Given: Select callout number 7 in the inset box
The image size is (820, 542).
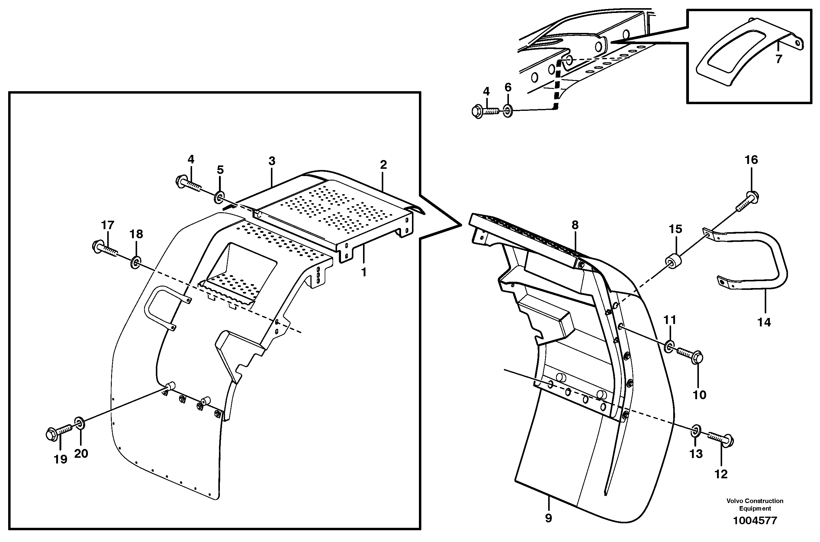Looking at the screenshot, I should [779, 59].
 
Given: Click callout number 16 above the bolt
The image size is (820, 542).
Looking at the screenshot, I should [751, 160].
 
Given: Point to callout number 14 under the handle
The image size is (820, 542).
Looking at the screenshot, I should [764, 322].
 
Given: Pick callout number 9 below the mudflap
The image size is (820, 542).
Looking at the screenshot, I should [548, 518].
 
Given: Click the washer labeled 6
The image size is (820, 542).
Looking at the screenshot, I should [507, 111].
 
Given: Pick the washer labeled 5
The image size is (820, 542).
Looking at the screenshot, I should [220, 198].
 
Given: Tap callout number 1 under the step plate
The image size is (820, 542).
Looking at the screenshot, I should [363, 272].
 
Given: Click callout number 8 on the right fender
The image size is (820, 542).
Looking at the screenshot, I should [575, 225].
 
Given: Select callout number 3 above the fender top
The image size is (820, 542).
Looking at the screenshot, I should [272, 161].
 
